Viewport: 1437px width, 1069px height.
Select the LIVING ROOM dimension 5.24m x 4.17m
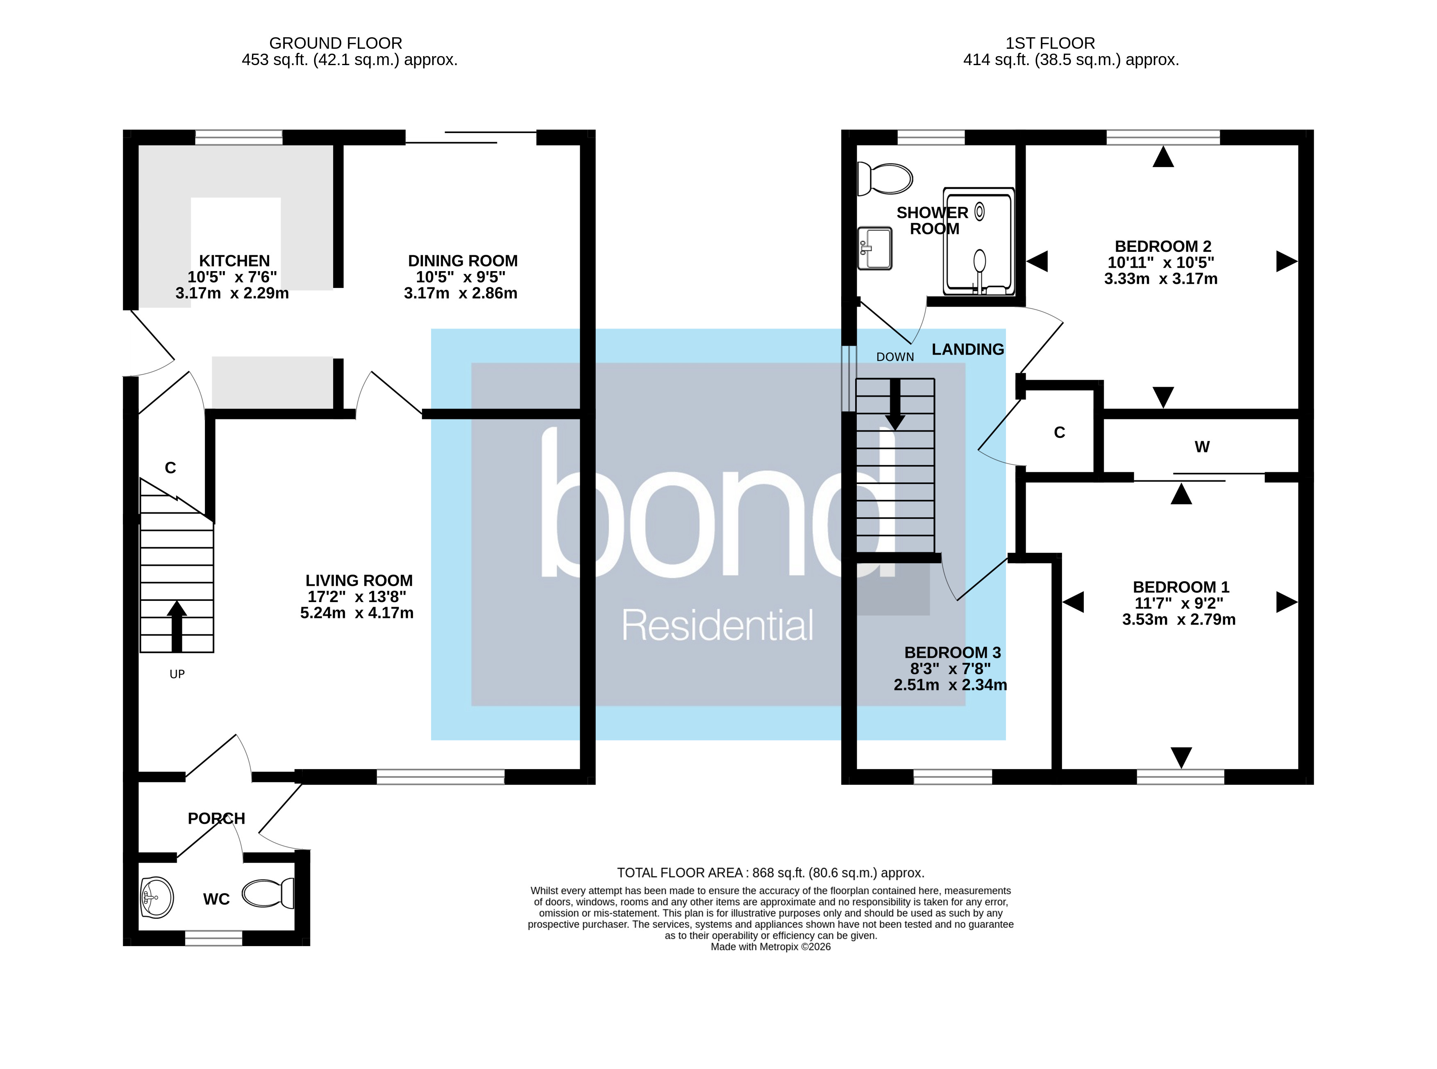(356, 613)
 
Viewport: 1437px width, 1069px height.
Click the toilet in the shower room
(885, 179)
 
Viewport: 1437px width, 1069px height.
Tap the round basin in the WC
(156, 897)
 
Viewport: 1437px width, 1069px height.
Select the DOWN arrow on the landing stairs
(895, 404)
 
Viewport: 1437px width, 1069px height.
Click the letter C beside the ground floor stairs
(170, 468)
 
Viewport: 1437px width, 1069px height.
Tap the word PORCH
(216, 819)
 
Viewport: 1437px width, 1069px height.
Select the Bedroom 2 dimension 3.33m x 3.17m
(1160, 279)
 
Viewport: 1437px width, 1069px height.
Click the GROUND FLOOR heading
(335, 43)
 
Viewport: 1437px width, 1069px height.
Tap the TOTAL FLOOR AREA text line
(770, 873)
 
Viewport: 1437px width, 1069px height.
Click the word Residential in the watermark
(717, 626)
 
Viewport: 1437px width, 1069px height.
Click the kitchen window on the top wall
(239, 137)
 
